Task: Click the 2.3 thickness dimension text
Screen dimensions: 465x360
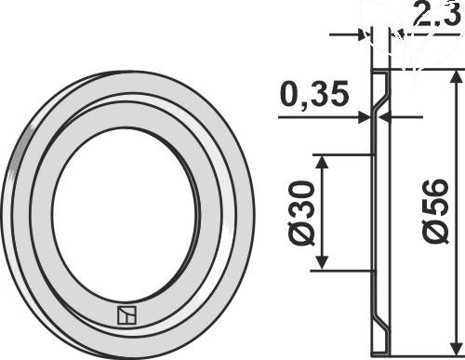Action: point(436,14)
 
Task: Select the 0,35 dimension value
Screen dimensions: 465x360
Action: point(314,94)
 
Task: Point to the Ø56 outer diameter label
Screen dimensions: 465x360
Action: point(435,211)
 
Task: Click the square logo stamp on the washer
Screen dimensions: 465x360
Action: point(126,315)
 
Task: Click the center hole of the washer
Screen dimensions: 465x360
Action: point(125,215)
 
